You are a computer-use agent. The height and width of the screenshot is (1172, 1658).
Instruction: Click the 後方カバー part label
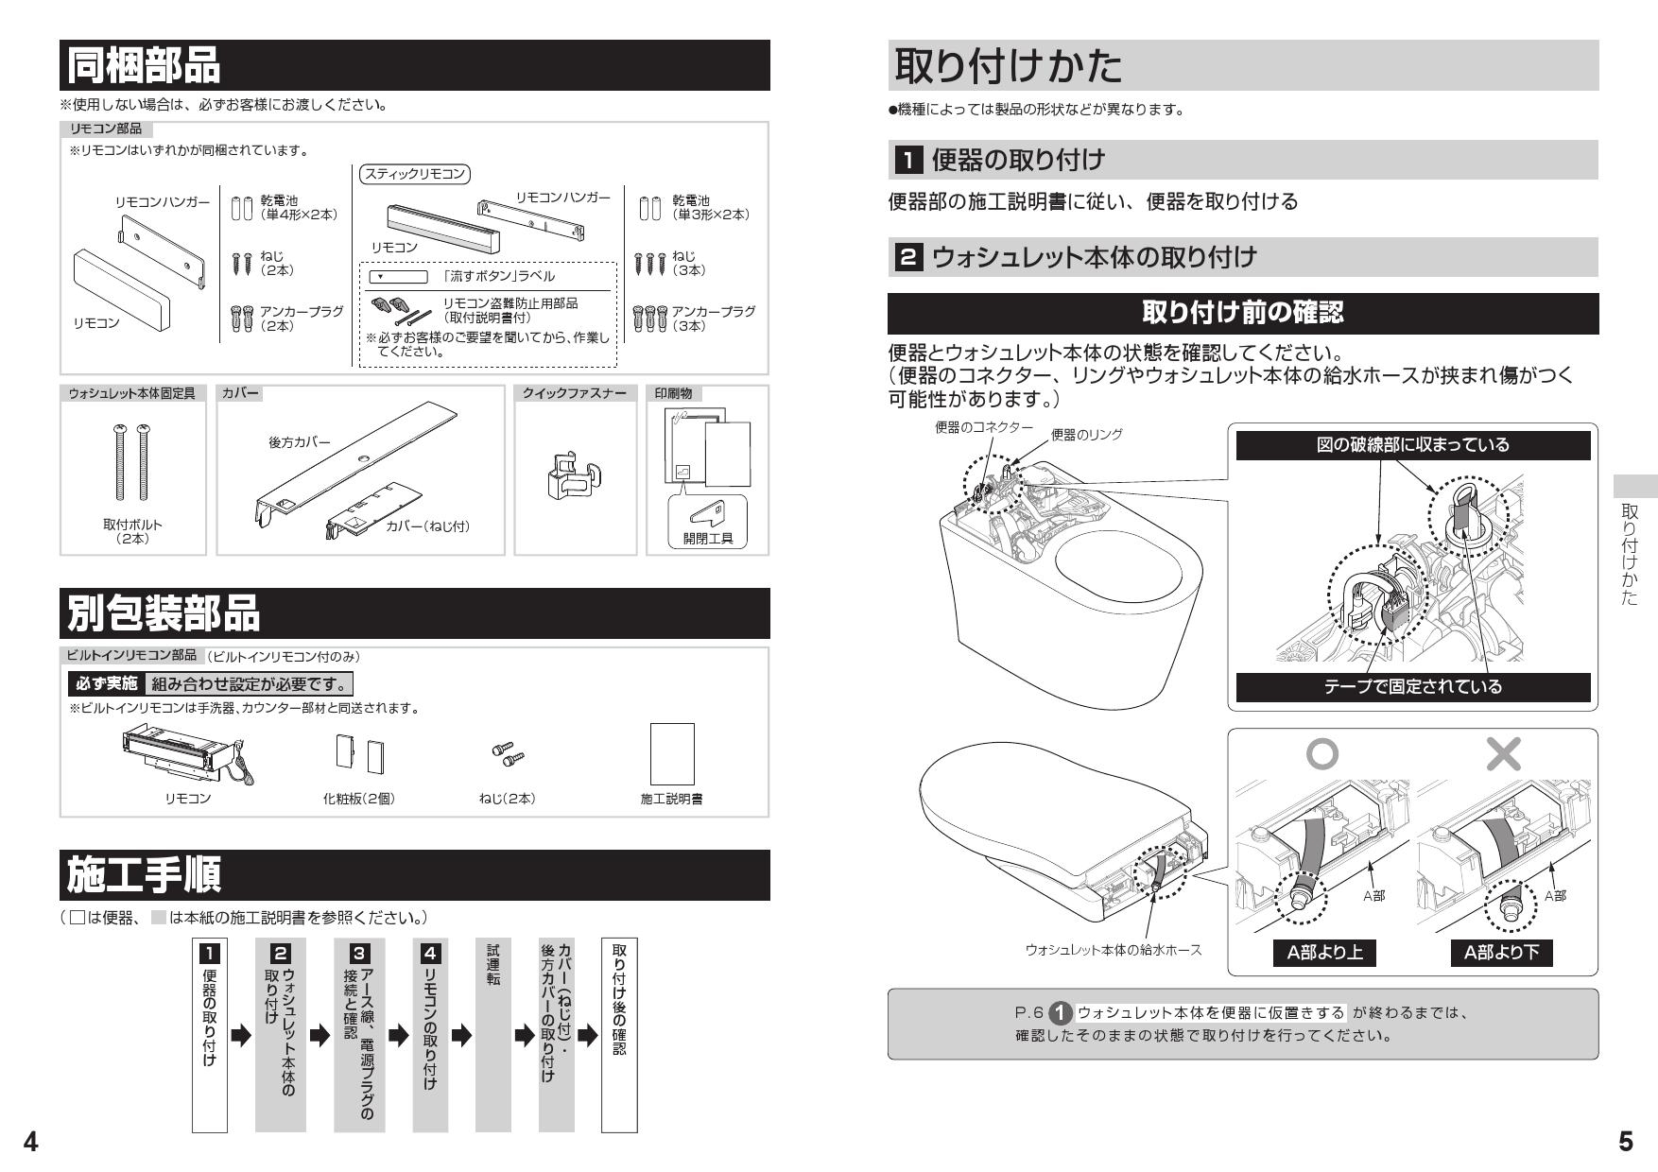[300, 441]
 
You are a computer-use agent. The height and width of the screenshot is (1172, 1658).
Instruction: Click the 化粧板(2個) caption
[359, 799]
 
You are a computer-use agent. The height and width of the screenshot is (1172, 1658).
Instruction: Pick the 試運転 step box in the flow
[493, 1034]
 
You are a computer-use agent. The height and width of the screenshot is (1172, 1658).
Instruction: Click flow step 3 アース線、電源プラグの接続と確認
[359, 1034]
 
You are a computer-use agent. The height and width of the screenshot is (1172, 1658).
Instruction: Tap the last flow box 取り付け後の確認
[619, 1034]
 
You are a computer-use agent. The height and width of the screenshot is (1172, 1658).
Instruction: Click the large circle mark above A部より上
[1321, 753]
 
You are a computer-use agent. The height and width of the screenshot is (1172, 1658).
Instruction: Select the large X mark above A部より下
[1503, 753]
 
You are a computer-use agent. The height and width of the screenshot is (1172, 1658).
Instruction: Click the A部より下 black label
[1502, 953]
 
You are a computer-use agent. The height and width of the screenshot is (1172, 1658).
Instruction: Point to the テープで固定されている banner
[1412, 686]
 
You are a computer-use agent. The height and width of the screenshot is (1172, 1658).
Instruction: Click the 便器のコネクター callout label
[983, 427]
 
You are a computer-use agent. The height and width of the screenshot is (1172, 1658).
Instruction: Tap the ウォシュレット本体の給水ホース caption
[1114, 950]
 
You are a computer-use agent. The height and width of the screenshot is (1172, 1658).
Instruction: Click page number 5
[1625, 1142]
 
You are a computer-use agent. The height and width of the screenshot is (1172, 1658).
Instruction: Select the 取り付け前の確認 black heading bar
[1243, 313]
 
